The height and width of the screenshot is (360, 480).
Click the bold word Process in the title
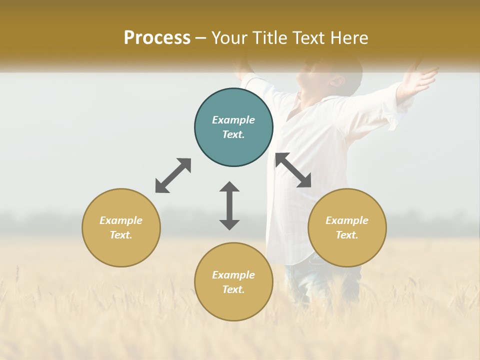click(157, 38)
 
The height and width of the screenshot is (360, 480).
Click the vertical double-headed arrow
click(229, 205)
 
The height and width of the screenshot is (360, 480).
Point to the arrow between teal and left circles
click(173, 175)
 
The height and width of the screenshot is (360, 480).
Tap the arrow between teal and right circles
click(293, 170)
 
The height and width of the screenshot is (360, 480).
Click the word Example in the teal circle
click(233, 120)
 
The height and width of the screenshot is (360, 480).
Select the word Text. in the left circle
click(121, 235)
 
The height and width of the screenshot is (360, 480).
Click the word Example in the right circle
click(347, 220)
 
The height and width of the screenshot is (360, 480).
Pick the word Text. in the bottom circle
click(233, 289)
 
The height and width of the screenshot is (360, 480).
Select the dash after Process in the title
click(201, 38)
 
